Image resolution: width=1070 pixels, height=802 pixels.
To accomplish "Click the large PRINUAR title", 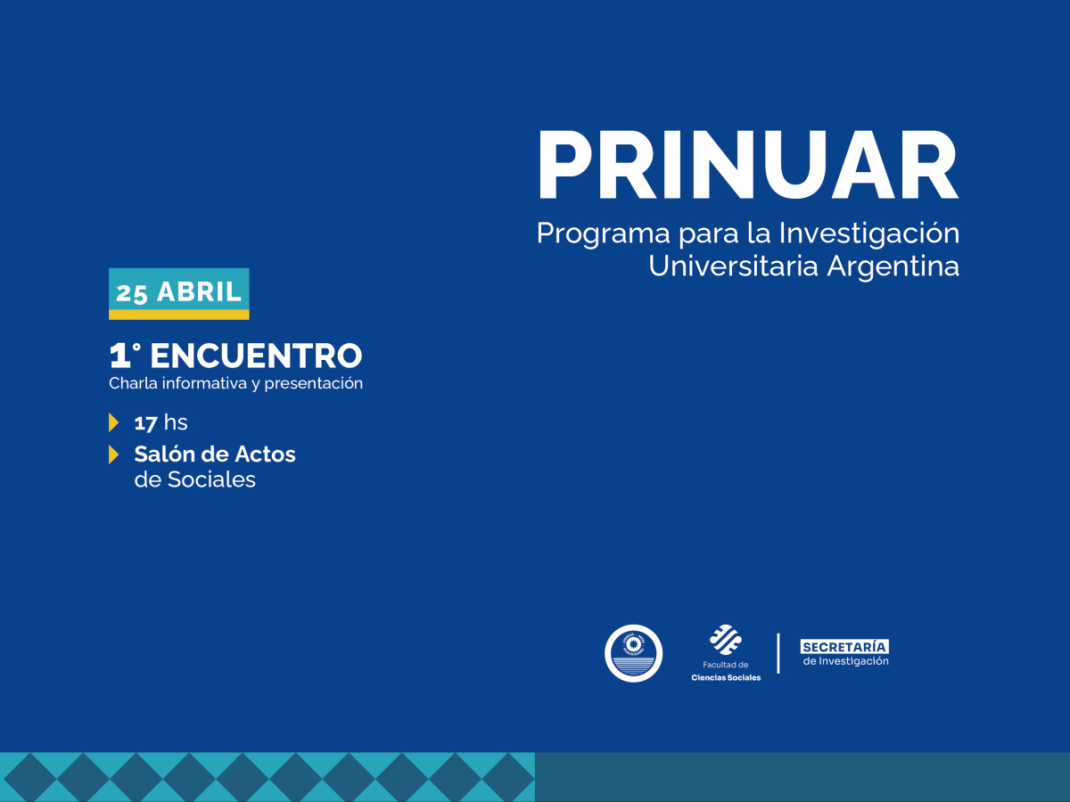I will coord(747,167).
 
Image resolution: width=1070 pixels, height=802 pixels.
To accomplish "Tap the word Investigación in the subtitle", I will coord(869,234).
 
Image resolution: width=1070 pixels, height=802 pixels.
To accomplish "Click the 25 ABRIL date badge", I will coord(178,291).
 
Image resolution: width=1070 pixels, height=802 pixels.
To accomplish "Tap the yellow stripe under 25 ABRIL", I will coord(178,315).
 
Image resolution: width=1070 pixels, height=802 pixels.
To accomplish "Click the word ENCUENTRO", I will coord(256,356).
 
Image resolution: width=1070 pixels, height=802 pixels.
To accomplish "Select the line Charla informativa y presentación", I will coord(235,383).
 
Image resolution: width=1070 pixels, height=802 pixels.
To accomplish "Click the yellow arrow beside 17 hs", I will coord(113,422).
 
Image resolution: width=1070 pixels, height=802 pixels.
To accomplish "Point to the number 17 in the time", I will coord(145,422).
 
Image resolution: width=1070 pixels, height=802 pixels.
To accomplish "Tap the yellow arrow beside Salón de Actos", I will coord(113,454).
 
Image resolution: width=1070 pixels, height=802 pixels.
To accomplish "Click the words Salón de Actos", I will coord(215,454).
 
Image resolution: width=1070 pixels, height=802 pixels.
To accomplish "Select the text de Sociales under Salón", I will coord(194,479).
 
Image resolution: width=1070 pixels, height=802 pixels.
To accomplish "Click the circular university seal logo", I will coord(633,653).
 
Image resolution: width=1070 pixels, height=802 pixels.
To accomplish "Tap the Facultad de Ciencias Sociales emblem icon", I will coord(725,640).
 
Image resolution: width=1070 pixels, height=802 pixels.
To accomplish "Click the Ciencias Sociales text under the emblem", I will coord(726,678).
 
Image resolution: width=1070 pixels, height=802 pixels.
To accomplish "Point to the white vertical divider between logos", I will coord(778,653).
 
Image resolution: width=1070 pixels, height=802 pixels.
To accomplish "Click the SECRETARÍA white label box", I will coord(844,646).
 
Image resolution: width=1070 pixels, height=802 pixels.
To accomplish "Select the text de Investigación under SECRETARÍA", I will coord(846,661).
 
